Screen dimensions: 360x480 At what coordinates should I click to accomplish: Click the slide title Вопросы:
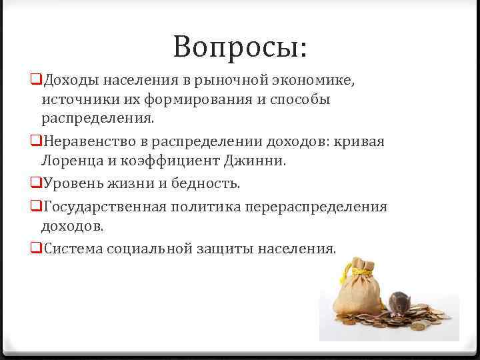click(239, 47)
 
